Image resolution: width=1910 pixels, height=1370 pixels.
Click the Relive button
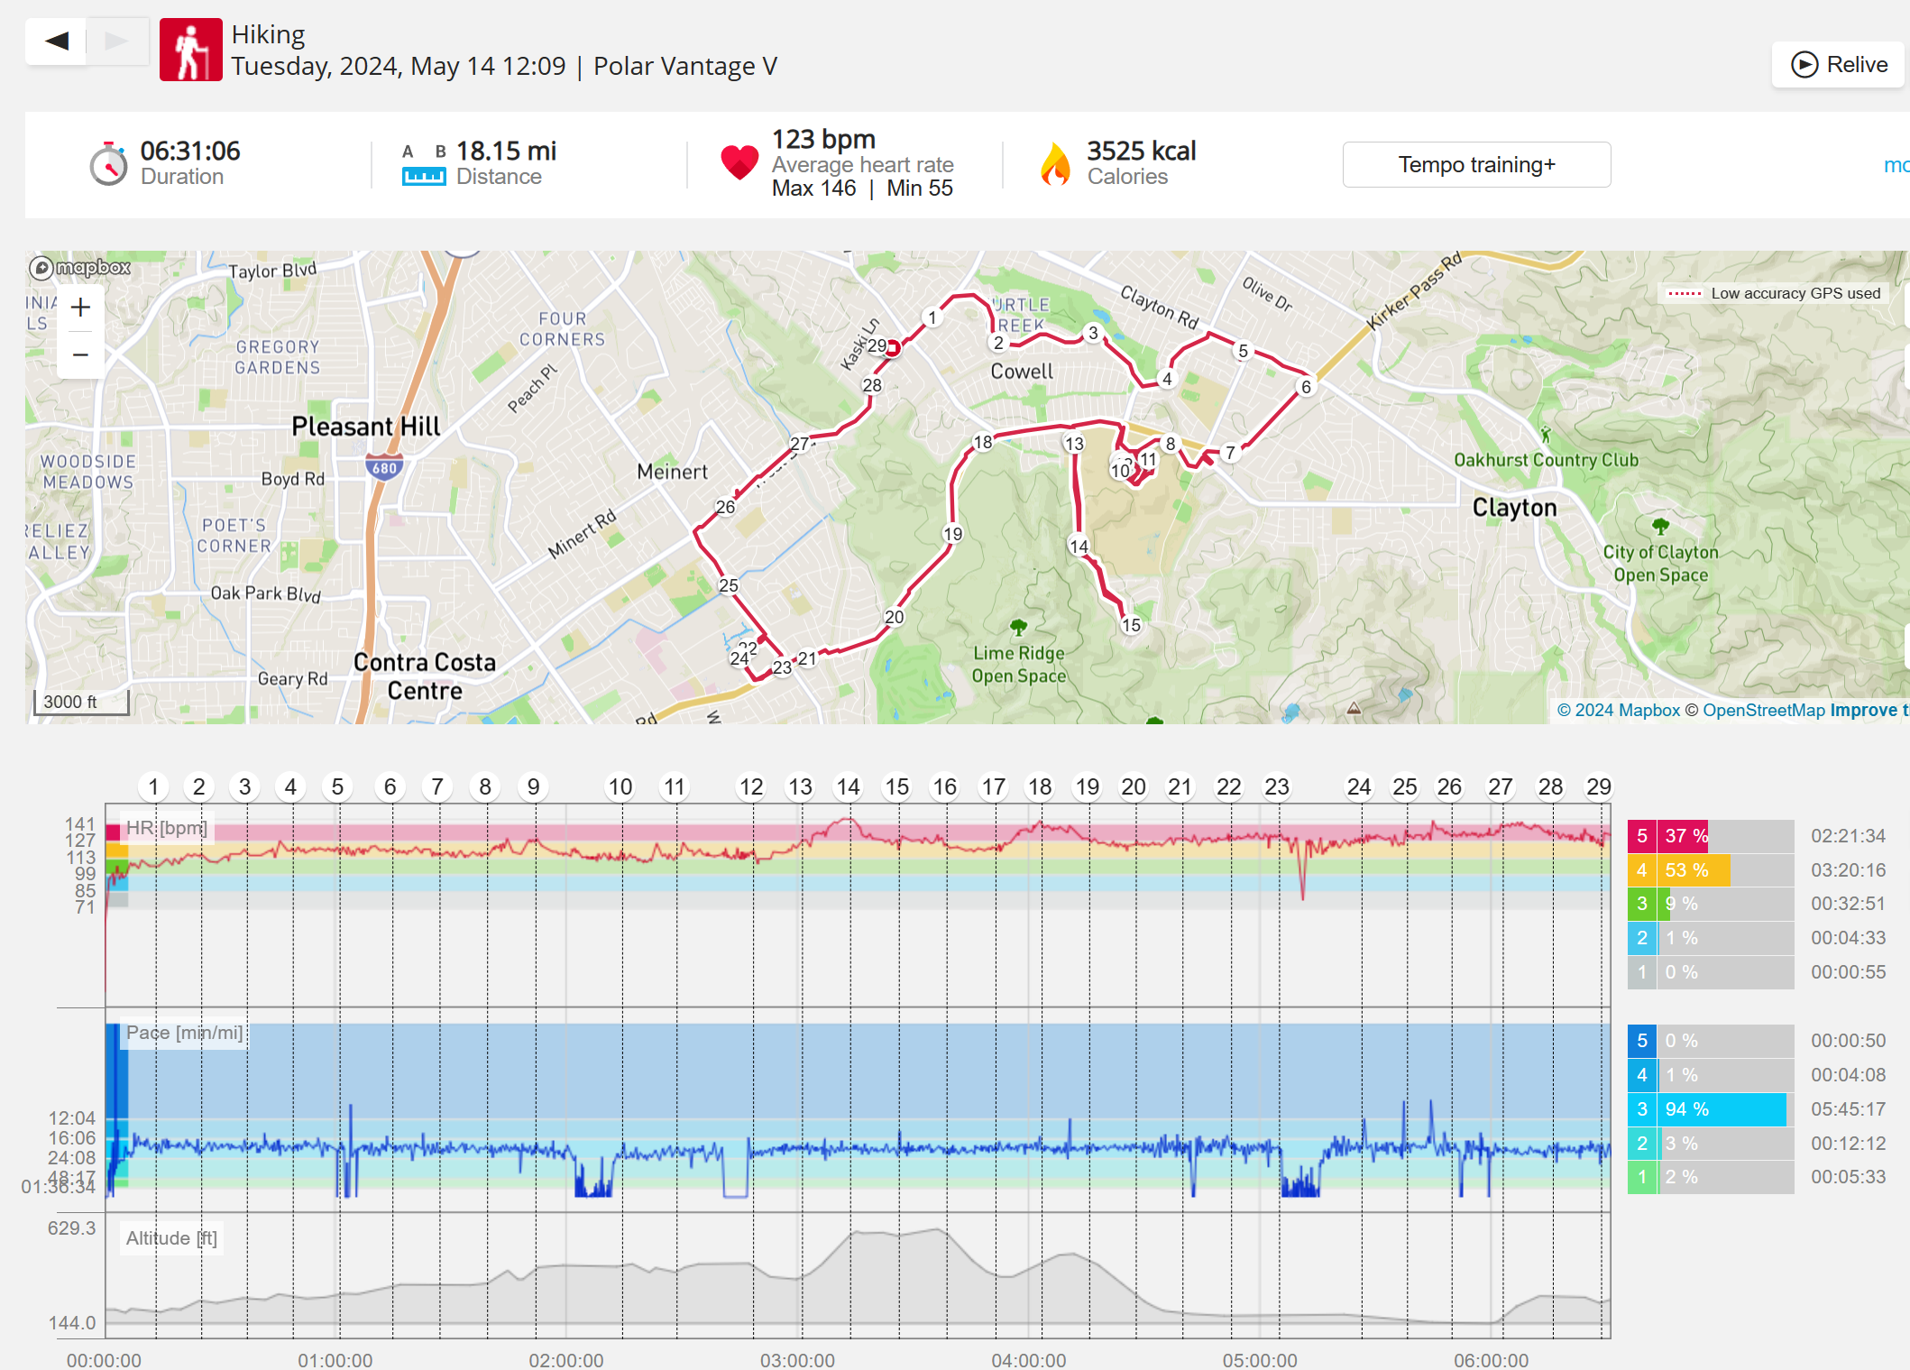tap(1838, 65)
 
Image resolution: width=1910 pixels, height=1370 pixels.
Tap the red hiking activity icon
tap(190, 50)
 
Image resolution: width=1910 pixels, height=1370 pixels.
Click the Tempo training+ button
tap(1476, 165)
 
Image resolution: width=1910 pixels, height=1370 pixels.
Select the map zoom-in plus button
tap(80, 308)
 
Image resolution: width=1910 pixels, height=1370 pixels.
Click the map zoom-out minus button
tap(80, 354)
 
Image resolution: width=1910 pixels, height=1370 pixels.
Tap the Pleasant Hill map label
tap(365, 426)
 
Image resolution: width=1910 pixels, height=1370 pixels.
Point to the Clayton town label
tap(1514, 508)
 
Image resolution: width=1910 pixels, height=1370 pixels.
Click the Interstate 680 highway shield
tap(384, 468)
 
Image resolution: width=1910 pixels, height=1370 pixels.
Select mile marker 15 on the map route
tap(1131, 625)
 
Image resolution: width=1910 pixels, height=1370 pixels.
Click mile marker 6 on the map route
tap(1306, 387)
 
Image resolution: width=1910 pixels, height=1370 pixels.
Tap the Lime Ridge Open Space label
tap(1019, 665)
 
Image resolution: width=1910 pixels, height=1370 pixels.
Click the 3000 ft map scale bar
tap(80, 702)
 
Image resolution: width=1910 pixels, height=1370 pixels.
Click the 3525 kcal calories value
tap(1141, 151)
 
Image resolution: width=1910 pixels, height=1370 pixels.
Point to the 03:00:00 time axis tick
tap(797, 1359)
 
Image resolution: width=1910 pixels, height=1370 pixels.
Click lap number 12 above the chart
tap(751, 787)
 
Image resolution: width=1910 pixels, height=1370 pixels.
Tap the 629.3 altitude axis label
tap(72, 1228)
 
